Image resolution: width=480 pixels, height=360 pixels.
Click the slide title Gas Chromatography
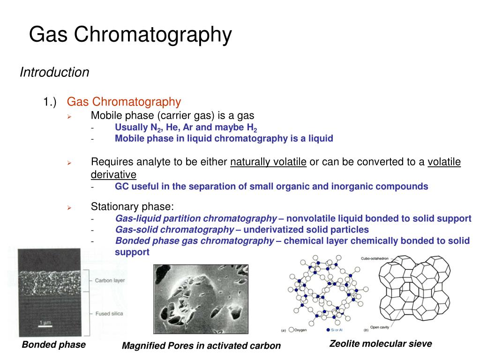pyautogui.click(x=130, y=35)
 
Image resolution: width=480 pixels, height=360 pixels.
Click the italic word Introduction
pyautogui.click(x=54, y=73)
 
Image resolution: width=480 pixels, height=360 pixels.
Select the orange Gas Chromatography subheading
pyautogui.click(x=124, y=102)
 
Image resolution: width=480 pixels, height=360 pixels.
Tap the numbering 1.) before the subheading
pyautogui.click(x=50, y=102)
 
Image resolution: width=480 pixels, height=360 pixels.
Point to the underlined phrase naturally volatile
pyautogui.click(x=268, y=162)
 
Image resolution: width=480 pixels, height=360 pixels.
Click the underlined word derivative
pyautogui.click(x=113, y=175)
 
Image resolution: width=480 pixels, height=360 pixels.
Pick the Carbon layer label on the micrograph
pyautogui.click(x=110, y=281)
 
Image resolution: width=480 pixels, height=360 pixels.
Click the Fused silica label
pyautogui.click(x=109, y=314)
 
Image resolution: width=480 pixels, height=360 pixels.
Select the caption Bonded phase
pyautogui.click(x=54, y=345)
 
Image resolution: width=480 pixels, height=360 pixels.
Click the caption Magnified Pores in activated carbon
pyautogui.click(x=201, y=346)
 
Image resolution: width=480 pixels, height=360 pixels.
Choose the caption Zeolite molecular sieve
pyautogui.click(x=380, y=344)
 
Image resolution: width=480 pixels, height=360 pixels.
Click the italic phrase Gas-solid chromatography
pyautogui.click(x=174, y=230)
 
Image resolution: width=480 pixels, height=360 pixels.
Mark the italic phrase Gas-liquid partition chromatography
pyautogui.click(x=196, y=218)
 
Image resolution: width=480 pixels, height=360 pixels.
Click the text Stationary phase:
pyautogui.click(x=132, y=207)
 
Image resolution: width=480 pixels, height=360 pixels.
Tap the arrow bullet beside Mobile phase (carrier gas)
pyautogui.click(x=68, y=116)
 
